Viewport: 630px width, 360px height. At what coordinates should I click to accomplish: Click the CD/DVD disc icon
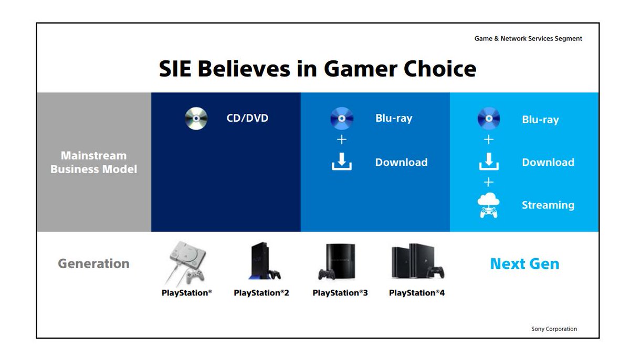196,119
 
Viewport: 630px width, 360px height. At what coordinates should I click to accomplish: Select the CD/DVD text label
247,118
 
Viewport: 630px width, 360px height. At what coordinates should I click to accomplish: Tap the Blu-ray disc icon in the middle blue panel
342,119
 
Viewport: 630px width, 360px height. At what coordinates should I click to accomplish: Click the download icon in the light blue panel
489,162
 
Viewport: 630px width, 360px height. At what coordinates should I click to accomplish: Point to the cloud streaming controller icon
489,205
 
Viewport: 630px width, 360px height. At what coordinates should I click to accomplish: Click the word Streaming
548,205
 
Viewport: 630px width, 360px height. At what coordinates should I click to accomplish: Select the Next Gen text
524,264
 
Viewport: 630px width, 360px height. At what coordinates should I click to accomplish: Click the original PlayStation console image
186,263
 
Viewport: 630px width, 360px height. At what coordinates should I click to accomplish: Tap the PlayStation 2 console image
264,261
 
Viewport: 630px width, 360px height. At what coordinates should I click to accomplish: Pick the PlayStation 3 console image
337,261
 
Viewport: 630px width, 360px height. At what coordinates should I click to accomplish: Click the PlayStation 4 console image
418,261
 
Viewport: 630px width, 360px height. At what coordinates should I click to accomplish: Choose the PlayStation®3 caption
340,293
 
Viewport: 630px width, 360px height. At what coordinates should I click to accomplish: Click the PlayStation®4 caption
417,293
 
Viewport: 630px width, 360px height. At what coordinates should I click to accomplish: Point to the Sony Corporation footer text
554,329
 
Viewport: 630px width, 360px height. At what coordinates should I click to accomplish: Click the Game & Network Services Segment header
528,38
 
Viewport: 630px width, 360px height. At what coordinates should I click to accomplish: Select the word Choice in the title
440,69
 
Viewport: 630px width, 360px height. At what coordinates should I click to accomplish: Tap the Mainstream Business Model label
93,163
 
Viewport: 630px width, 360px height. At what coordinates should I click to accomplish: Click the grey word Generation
93,263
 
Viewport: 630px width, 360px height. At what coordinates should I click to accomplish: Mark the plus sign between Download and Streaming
489,182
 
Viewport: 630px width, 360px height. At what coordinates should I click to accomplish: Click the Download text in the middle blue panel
401,162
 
